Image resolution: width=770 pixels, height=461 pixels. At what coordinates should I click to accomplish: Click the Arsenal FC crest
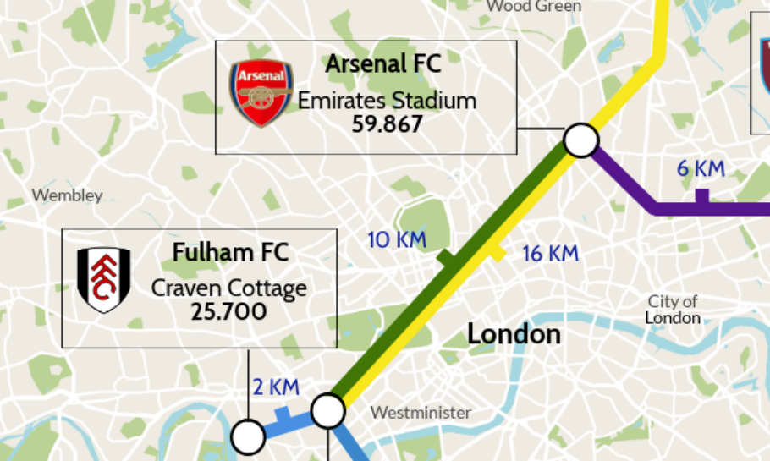click(261, 93)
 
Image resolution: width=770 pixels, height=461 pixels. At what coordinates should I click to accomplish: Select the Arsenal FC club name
click(383, 64)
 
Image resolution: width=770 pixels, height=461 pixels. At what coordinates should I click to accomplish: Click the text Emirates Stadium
click(387, 102)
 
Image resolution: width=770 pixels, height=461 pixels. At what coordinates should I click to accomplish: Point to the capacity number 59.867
click(387, 124)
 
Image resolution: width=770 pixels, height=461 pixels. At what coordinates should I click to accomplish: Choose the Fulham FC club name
click(230, 252)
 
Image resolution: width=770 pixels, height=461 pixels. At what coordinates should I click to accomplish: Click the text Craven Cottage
click(228, 288)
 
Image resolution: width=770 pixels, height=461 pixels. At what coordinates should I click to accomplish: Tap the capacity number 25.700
click(228, 312)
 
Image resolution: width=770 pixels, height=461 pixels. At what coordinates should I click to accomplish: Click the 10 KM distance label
click(397, 240)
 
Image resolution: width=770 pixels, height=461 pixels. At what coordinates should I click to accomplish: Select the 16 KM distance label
click(550, 253)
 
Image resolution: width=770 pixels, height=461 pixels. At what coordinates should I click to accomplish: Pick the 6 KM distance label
click(701, 168)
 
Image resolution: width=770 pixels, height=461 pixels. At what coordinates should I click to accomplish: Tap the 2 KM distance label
click(276, 387)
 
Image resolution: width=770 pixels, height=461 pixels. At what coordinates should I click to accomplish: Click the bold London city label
click(514, 334)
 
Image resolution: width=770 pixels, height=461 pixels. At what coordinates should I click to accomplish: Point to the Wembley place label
click(67, 195)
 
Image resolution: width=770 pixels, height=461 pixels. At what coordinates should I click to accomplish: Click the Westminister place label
click(421, 413)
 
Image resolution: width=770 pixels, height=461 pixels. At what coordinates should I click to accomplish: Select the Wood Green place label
click(534, 7)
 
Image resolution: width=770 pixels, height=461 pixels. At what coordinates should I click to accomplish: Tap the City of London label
click(673, 310)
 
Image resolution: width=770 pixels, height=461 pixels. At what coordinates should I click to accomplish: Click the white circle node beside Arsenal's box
click(581, 140)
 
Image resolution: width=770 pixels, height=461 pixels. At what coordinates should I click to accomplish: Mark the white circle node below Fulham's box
click(249, 438)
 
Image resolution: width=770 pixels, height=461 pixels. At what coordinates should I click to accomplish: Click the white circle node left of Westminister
click(328, 411)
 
